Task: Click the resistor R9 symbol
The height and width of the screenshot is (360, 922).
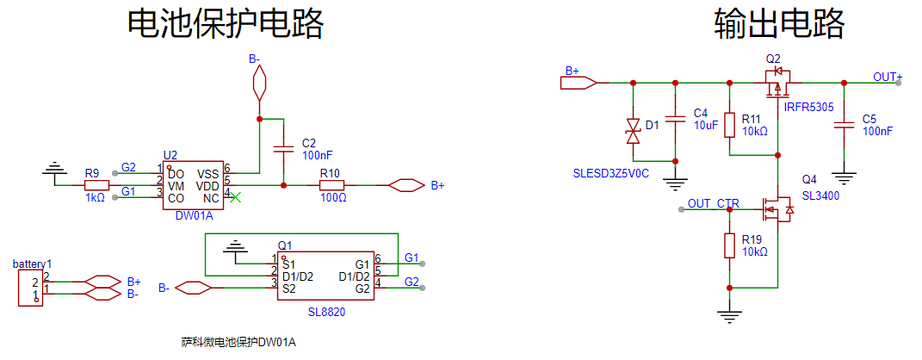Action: pyautogui.click(x=97, y=185)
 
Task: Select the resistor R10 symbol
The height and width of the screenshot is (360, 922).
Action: pyautogui.click(x=331, y=185)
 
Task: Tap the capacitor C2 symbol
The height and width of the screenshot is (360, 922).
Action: pyautogui.click(x=282, y=149)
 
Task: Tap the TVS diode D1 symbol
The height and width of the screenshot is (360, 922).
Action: pyautogui.click(x=634, y=131)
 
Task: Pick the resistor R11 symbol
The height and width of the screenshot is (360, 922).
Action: pyautogui.click(x=730, y=125)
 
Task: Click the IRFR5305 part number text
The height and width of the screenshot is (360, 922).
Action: pyautogui.click(x=808, y=108)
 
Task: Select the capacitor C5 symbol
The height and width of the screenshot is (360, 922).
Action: pyautogui.click(x=845, y=127)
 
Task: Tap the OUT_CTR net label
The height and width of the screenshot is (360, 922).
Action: pyautogui.click(x=714, y=203)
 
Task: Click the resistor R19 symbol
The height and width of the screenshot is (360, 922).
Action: pyautogui.click(x=730, y=245)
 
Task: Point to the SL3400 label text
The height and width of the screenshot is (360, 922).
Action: pyautogui.click(x=820, y=196)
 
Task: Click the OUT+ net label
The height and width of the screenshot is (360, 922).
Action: pyautogui.click(x=888, y=77)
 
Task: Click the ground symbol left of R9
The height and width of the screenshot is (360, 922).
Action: pyautogui.click(x=56, y=172)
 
